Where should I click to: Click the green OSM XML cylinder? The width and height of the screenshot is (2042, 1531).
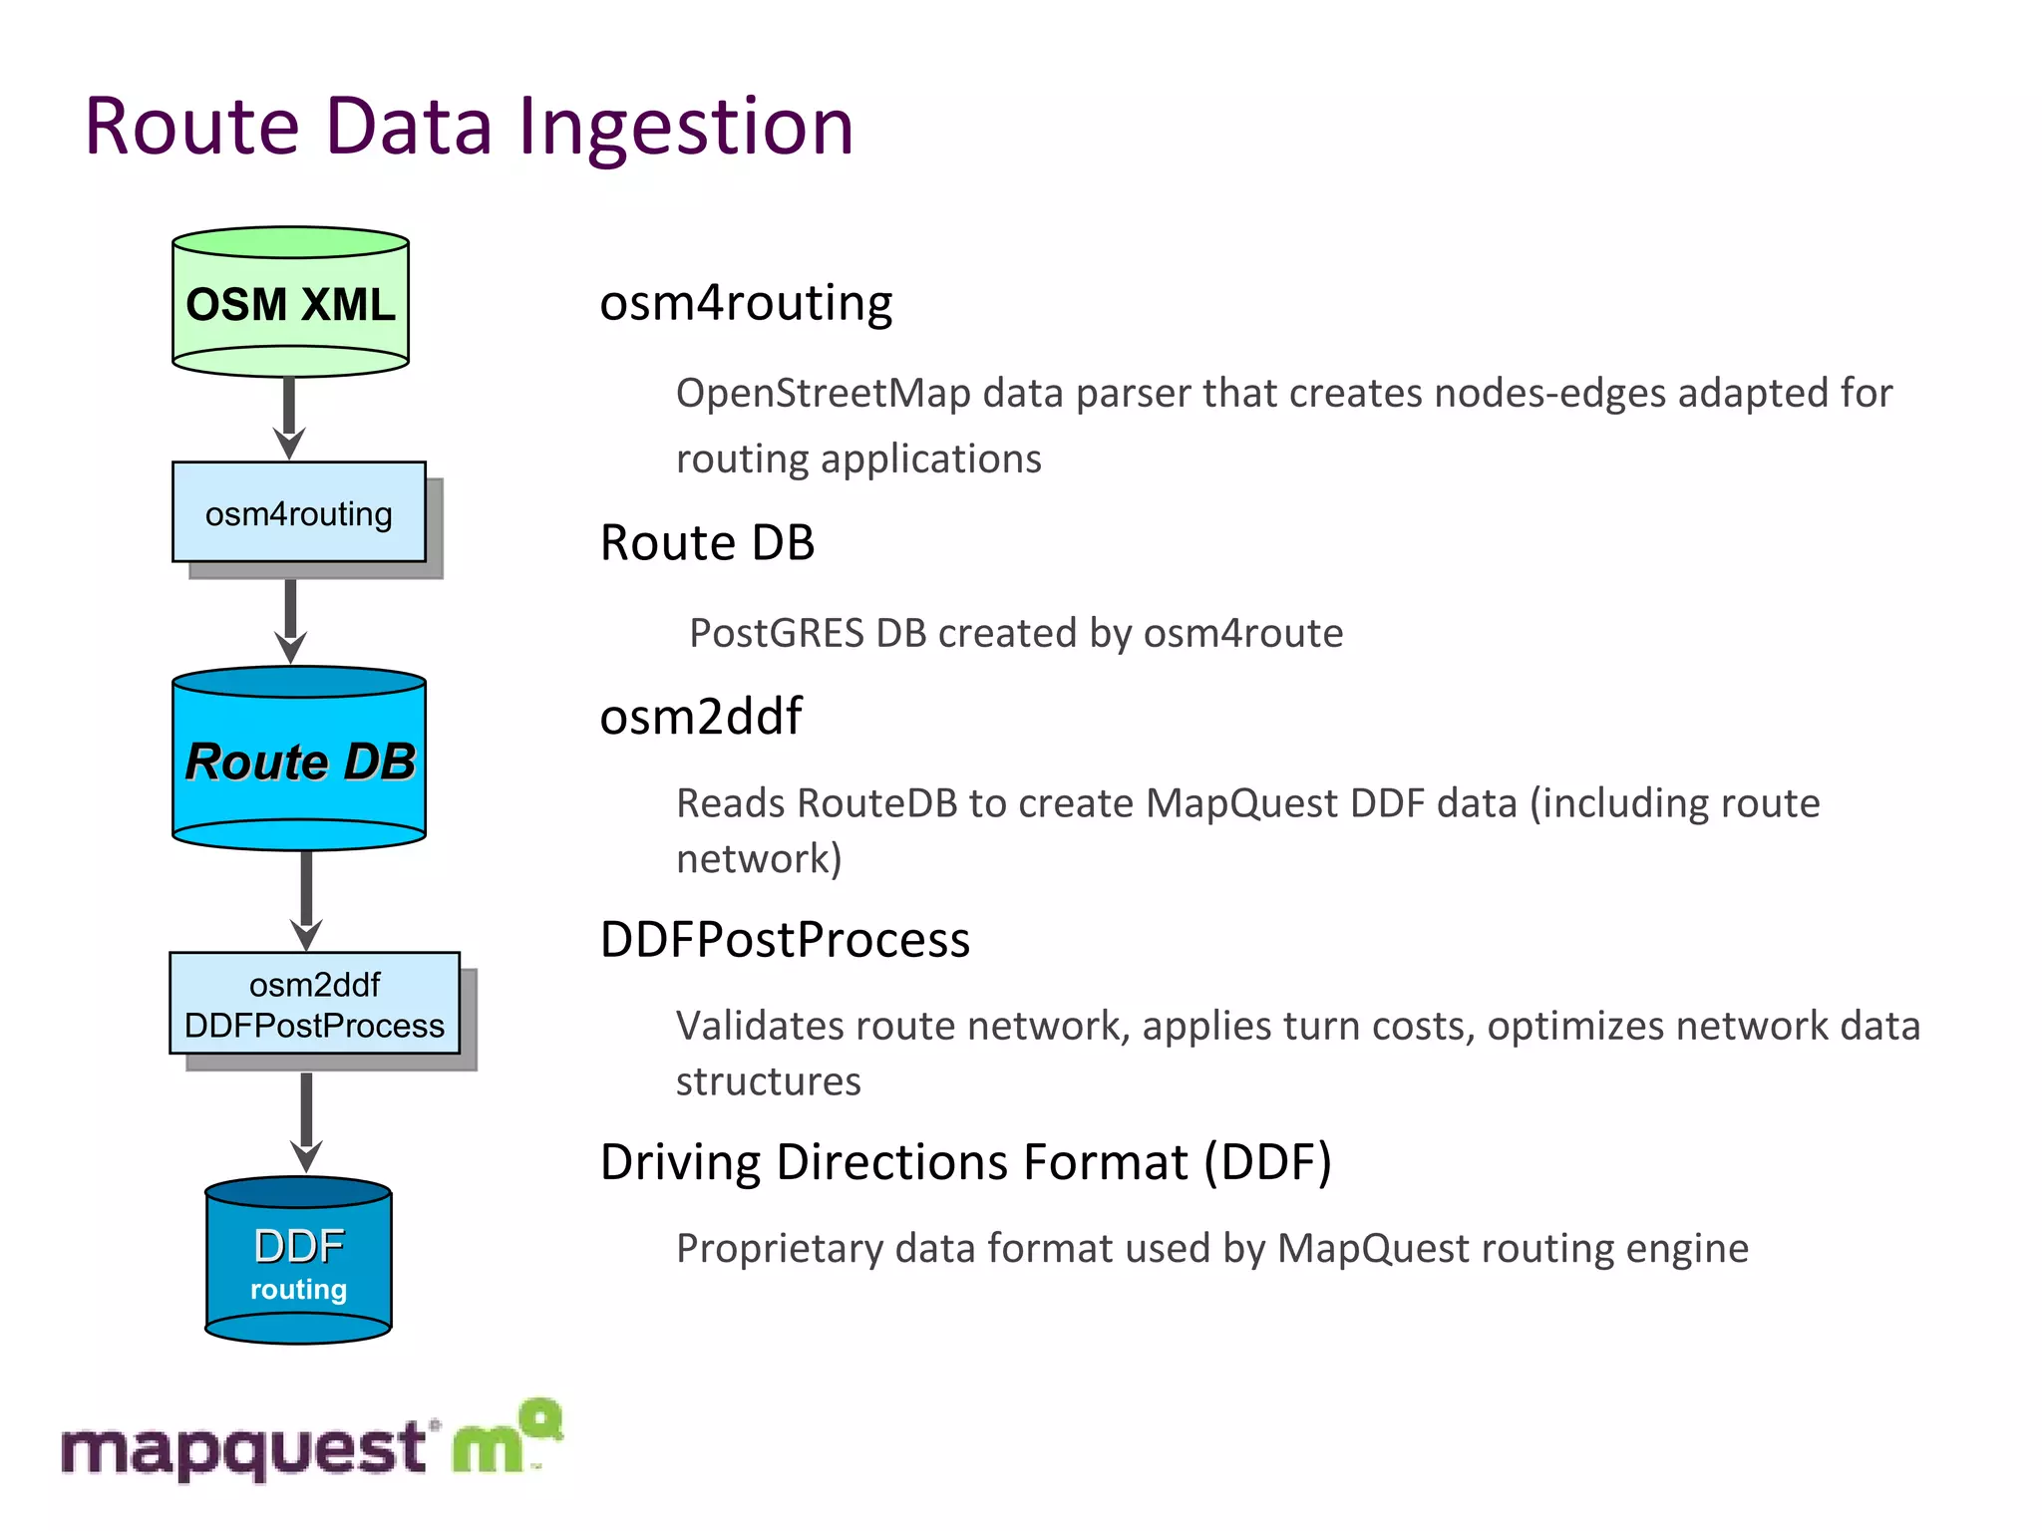point(290,302)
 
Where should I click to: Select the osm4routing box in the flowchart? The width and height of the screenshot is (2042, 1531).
point(298,512)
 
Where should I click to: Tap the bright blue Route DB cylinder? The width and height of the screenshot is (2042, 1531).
point(299,760)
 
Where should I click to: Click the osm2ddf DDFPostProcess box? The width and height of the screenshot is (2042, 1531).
point(314,1004)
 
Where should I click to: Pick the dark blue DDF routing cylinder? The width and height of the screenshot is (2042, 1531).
point(298,1262)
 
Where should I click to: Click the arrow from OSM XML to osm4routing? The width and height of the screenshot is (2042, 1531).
point(289,417)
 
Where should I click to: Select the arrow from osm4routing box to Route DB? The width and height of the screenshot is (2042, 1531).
point(290,620)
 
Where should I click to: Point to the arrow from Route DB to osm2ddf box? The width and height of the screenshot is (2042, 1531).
point(306,900)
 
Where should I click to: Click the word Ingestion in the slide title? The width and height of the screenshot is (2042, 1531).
point(686,127)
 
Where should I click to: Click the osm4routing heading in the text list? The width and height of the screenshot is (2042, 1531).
point(746,303)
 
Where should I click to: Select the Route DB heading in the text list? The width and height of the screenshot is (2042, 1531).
point(707,543)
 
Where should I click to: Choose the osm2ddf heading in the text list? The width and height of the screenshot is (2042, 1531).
point(700,717)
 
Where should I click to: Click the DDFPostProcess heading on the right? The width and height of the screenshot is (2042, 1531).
point(785,940)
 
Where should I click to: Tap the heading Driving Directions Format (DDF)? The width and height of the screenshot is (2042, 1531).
point(965,1162)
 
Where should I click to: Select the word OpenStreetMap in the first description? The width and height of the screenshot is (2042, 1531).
point(823,393)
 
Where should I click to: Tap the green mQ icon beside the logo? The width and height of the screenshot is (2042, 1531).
point(507,1438)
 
